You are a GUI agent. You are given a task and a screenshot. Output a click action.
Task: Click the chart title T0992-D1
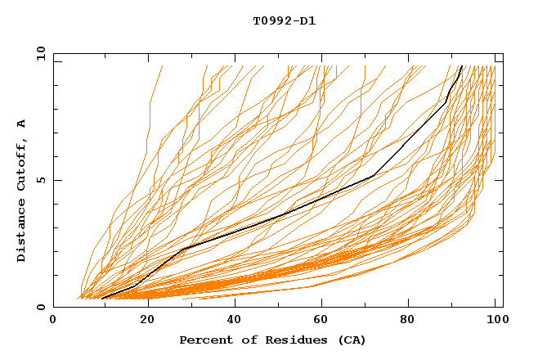pyautogui.click(x=284, y=20)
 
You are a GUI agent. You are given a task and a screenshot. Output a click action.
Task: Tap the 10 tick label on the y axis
pyautogui.click(x=38, y=53)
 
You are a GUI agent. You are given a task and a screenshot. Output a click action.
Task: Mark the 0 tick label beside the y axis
pyautogui.click(x=41, y=307)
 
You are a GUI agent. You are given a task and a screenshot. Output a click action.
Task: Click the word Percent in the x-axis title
pyautogui.click(x=203, y=340)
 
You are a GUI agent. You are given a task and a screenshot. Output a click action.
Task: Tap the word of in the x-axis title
pyautogui.click(x=242, y=340)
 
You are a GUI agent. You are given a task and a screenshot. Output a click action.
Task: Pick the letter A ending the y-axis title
pyautogui.click(x=22, y=124)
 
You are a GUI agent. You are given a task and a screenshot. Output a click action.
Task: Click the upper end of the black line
pyautogui.click(x=462, y=66)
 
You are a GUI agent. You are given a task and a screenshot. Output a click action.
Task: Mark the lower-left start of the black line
pyautogui.click(x=101, y=299)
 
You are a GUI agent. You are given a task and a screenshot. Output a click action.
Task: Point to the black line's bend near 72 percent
pyautogui.click(x=373, y=176)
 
